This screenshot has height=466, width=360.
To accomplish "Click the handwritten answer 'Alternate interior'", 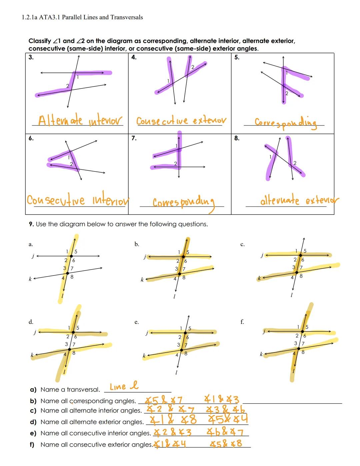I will (80, 120).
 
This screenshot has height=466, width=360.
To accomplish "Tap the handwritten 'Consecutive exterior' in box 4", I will (181, 120).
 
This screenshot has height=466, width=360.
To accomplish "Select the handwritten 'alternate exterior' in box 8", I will (299, 201).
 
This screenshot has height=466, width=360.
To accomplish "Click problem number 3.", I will (31, 57).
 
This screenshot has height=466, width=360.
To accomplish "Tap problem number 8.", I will (237, 138).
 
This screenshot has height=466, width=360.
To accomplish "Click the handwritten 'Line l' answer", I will (124, 386).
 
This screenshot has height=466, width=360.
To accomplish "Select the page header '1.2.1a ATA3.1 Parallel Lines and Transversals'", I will (82, 17).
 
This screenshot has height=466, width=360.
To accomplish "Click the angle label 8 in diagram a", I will (72, 277).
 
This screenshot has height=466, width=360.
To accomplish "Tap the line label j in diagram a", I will (33, 256).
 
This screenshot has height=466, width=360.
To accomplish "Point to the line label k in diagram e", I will (144, 356).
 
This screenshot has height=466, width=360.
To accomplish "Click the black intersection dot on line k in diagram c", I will (297, 273).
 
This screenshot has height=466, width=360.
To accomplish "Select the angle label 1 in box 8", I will (271, 157).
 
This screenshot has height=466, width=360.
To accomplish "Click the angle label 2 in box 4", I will (192, 67).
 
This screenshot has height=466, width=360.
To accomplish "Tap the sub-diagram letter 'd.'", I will (31, 322).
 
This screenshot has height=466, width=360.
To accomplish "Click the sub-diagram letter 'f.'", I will (242, 322).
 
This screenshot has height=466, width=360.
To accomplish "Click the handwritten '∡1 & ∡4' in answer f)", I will (171, 444).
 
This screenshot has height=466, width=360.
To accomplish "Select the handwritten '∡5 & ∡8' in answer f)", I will (226, 444).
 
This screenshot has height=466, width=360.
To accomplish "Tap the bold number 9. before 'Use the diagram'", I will (31, 224).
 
